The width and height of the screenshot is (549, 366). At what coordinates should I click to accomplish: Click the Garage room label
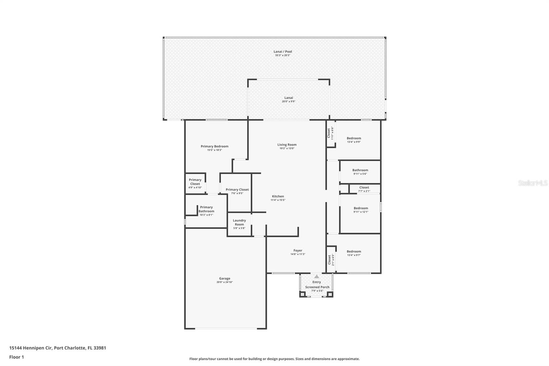coord(225,278)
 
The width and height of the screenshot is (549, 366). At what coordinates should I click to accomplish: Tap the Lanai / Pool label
coord(283,52)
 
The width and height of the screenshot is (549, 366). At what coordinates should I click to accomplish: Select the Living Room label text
coord(287,145)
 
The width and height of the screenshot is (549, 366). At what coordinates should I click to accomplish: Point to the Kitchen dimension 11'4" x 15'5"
coord(278,200)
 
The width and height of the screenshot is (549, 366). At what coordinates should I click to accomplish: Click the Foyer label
coord(297,251)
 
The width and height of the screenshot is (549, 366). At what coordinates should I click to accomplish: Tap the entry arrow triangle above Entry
coord(316,276)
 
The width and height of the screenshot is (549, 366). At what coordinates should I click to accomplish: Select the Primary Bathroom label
coord(206,209)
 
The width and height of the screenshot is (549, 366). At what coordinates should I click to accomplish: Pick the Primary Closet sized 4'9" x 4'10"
coord(195,182)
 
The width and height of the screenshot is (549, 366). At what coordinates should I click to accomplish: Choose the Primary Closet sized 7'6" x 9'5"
coord(237,190)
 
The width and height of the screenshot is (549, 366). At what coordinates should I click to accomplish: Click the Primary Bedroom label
coord(214,146)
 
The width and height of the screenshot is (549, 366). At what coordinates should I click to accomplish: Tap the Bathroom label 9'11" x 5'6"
coord(360,170)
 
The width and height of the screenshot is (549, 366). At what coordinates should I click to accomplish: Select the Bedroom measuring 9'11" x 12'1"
coord(361,208)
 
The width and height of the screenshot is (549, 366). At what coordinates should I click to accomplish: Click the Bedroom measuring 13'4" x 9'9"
coord(354,138)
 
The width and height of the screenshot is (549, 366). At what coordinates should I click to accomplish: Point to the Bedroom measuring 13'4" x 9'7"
coord(354,252)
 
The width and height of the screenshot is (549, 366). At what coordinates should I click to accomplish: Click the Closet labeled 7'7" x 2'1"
coord(364,188)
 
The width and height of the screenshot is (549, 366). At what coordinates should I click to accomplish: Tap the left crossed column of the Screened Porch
coord(302,294)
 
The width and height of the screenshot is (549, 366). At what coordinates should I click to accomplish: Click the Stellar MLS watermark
coord(533,183)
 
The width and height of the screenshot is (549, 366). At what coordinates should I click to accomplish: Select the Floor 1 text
coord(16,357)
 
